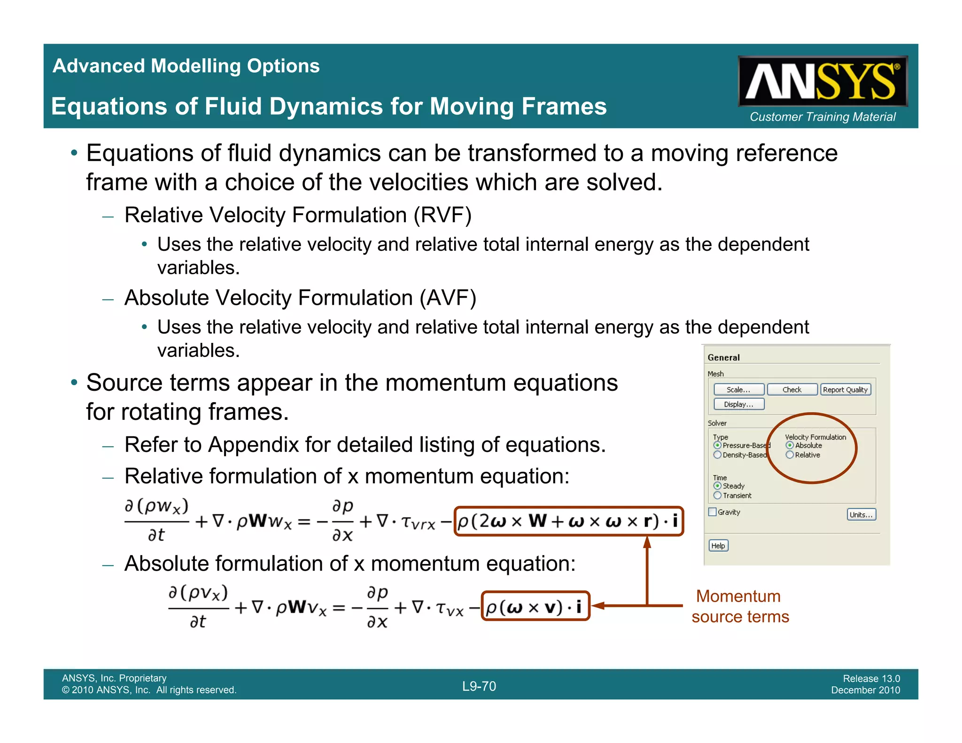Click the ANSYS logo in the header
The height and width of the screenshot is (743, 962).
pyautogui.click(x=822, y=81)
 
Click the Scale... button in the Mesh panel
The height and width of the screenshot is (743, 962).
pyautogui.click(x=738, y=389)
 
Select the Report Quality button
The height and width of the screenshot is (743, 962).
pyautogui.click(x=845, y=389)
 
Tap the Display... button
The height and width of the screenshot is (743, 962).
pyautogui.click(x=738, y=404)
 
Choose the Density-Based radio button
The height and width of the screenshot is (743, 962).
pyautogui.click(x=717, y=455)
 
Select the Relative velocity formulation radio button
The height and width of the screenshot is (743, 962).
pyautogui.click(x=790, y=455)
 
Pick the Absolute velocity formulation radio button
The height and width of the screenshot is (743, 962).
pyautogui.click(x=790, y=445)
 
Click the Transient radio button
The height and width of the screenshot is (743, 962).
pyautogui.click(x=717, y=495)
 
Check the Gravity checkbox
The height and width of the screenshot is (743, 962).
pyautogui.click(x=713, y=512)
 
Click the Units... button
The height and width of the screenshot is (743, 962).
pyautogui.click(x=861, y=514)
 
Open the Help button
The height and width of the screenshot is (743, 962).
pyautogui.click(x=718, y=545)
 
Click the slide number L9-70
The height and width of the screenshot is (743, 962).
pyautogui.click(x=479, y=686)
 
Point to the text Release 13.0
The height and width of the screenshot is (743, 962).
pyautogui.click(x=871, y=678)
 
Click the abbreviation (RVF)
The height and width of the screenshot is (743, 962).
pyautogui.click(x=442, y=215)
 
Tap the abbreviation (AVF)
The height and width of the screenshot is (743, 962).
pyautogui.click(x=448, y=298)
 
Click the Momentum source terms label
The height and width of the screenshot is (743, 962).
pyautogui.click(x=740, y=606)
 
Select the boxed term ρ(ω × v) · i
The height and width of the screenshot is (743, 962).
pyautogui.click(x=535, y=606)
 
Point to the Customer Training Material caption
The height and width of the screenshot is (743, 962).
pyautogui.click(x=822, y=116)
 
